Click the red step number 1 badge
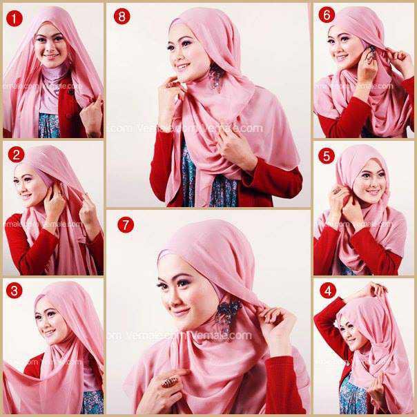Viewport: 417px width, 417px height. point(12,19)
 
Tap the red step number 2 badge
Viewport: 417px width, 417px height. point(17,154)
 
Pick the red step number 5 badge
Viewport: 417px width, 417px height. point(327,155)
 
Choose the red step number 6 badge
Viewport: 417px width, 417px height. point(327,16)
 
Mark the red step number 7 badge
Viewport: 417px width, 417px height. point(124,225)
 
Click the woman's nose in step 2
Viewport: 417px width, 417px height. point(23,186)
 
